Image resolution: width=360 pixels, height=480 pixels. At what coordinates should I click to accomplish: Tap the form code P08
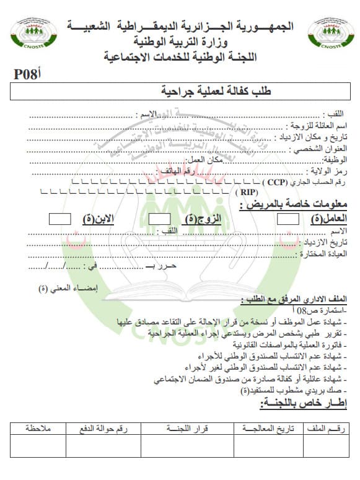pos(26,74)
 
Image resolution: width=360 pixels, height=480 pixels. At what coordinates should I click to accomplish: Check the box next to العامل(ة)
pos(288,219)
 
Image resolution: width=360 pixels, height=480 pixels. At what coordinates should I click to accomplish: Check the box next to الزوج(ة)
pos(160,219)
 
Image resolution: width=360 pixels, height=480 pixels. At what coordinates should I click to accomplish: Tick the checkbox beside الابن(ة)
pos(59,219)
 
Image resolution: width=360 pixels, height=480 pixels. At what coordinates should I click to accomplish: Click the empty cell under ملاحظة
pos(38,446)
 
